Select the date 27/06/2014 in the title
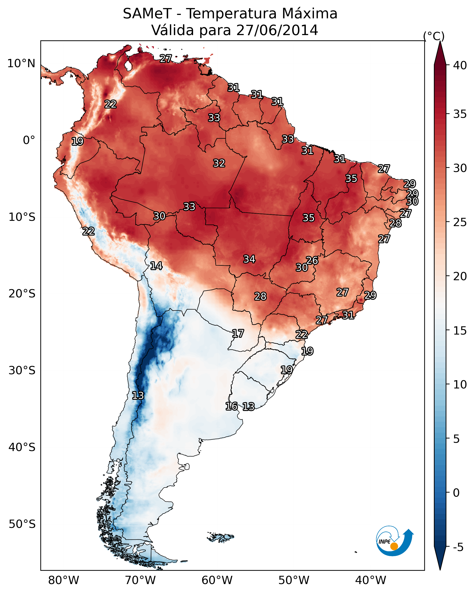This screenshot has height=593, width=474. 277,30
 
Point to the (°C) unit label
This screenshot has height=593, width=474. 434,36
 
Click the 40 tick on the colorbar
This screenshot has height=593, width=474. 460,65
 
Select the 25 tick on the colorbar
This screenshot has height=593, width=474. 460,222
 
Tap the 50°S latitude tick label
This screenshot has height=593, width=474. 22,524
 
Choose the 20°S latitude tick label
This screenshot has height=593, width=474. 22,294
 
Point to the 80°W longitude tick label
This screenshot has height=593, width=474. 64,580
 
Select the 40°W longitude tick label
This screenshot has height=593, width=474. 371,580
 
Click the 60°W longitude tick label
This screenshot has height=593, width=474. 217,580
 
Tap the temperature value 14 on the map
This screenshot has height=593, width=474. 156,266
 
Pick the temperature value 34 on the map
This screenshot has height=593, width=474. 249,259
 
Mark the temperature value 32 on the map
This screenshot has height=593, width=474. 219,163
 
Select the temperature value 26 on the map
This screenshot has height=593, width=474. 312,260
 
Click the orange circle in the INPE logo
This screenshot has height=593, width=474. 394,546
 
